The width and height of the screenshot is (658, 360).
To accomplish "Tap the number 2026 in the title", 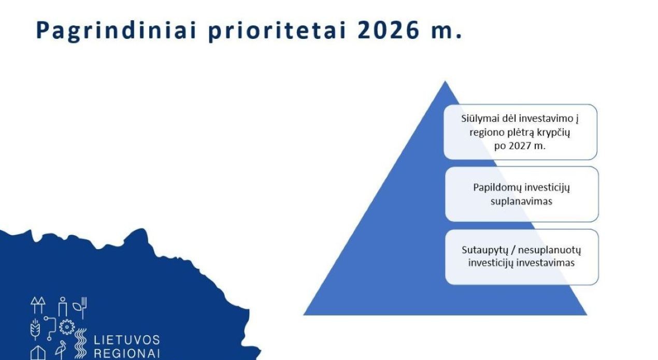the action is click(389, 31).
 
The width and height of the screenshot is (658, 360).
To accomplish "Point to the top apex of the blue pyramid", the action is click(445, 81).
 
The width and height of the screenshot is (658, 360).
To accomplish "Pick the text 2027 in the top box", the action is click(519, 146).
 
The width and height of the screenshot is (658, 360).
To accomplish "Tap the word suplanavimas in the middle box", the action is click(521, 201).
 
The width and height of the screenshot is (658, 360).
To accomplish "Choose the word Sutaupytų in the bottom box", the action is click(484, 250).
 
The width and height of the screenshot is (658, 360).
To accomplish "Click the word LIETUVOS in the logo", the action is click(127, 340).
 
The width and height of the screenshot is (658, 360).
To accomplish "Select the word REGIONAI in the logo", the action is click(127, 354).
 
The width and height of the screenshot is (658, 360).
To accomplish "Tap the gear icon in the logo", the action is click(67, 327).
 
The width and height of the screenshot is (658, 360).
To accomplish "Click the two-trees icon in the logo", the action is click(38, 305).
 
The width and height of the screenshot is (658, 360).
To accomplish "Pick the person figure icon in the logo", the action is click(63, 307).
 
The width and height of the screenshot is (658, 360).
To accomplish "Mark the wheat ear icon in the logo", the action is click(35, 329).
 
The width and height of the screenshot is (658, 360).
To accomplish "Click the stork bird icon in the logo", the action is click(61, 350).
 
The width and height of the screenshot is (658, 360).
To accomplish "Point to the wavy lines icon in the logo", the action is click(80, 343).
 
